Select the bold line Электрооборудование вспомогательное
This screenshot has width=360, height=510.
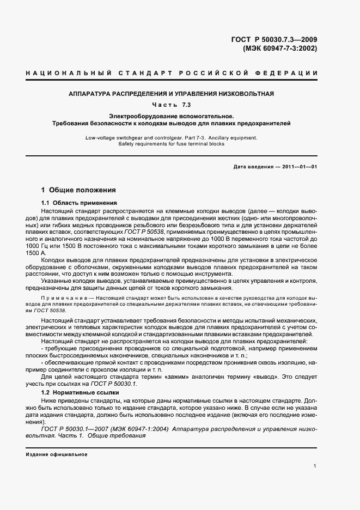pos(171,116)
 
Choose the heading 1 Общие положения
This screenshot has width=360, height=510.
pos(78,191)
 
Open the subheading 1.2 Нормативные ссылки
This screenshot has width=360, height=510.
pos(75,392)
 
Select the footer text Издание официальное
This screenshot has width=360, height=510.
pos(57,454)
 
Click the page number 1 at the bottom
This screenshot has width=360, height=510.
pos(315,465)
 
